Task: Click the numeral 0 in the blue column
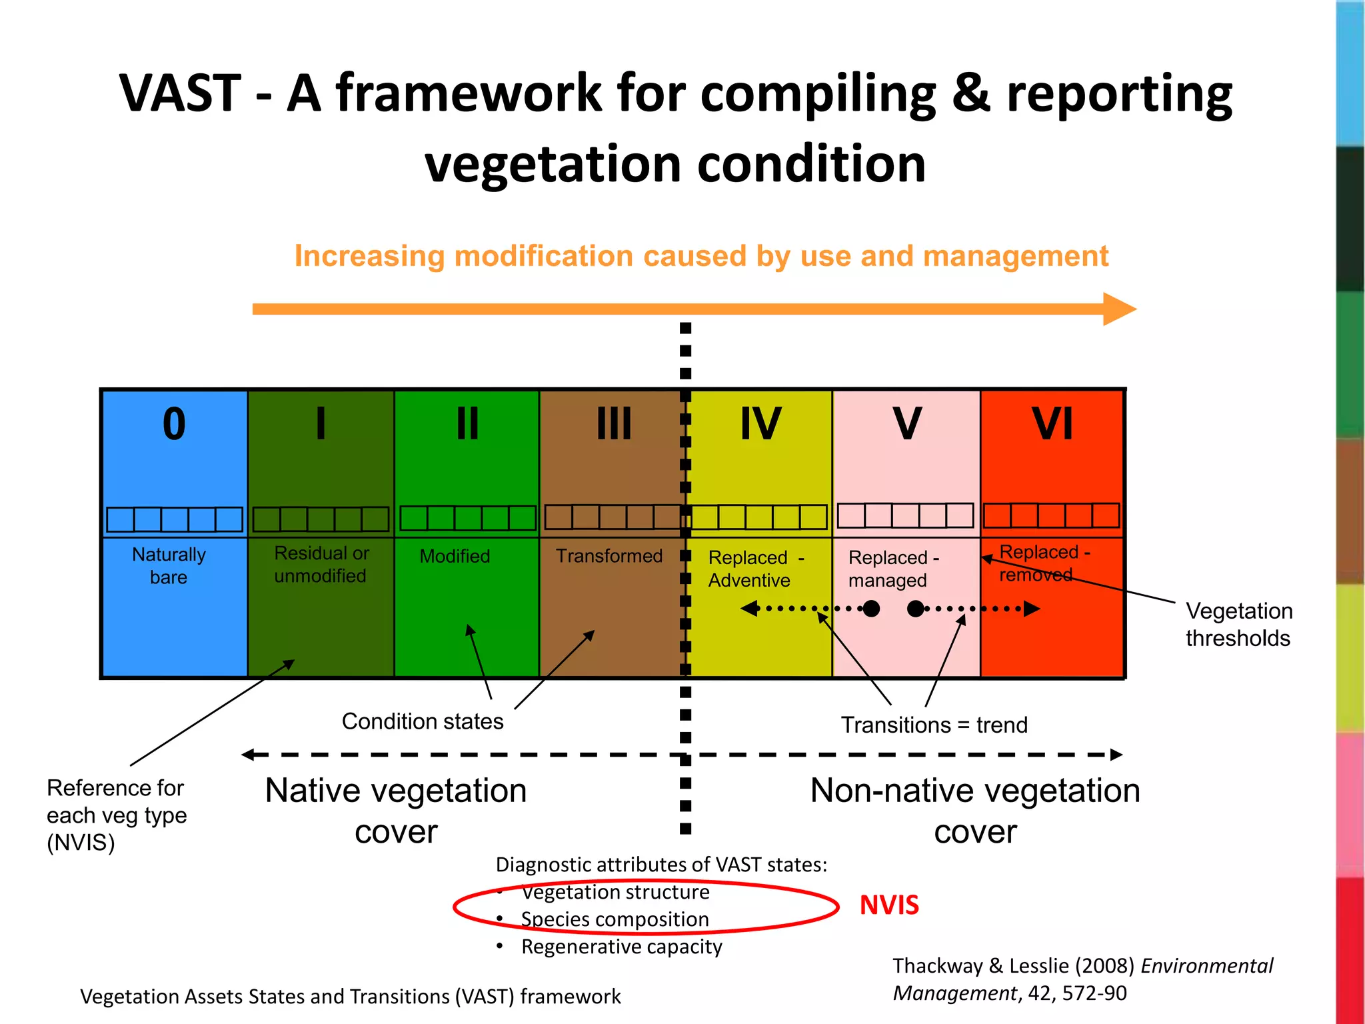point(174,425)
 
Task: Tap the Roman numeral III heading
point(614,425)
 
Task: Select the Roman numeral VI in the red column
point(1052,425)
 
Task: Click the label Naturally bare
point(169,566)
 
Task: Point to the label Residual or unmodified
point(321,565)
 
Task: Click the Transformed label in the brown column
point(609,556)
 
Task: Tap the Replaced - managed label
point(893,569)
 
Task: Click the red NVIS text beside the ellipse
point(889,905)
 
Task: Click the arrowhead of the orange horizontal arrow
point(1119,309)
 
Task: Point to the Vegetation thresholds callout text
point(1238,625)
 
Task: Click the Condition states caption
point(423,721)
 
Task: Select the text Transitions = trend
point(934,725)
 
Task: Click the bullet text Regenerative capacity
point(621,947)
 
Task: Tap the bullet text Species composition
point(615,919)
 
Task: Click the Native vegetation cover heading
point(396,811)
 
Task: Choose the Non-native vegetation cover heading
point(975,811)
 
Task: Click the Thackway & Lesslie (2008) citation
point(1082,979)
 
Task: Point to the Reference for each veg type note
point(117,815)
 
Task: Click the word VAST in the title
point(180,93)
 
